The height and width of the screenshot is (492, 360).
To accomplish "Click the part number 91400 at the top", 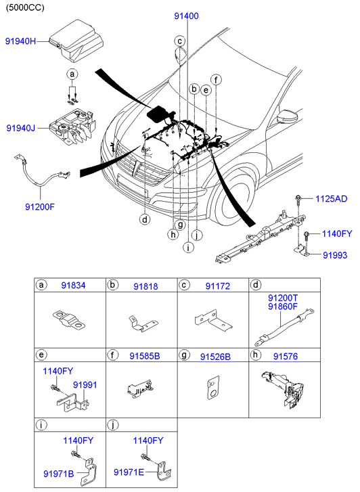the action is coord(187,16).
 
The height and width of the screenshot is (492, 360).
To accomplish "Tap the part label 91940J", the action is coord(21,128).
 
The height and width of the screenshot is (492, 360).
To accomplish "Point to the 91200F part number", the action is coord(40,207).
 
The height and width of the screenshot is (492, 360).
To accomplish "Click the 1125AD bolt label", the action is coord(331,198).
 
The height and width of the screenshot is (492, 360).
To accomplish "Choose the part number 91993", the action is coord(335,255).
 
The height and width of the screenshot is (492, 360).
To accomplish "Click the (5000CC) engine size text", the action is coord(25,7).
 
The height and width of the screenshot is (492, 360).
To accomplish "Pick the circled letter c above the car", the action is coord(180,41).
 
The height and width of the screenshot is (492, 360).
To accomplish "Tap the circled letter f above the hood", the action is coord(216,80).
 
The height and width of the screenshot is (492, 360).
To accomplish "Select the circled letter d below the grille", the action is coord(145,219).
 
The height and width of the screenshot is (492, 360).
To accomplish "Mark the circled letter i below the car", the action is coord(188,248).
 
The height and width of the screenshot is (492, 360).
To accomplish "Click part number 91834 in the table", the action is coord(73,286).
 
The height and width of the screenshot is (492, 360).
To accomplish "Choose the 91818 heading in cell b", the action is coord(145,286).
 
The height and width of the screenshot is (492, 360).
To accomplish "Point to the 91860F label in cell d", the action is coord(282,307).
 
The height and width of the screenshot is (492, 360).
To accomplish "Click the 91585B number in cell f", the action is coord(145,356).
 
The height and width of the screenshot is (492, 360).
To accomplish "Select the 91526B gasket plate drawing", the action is coord(213,388).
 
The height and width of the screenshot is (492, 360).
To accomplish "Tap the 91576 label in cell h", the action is coord(286,356).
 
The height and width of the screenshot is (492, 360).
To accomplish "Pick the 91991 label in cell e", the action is coord(85,385).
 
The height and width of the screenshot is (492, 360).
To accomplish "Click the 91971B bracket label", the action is coord(59,474).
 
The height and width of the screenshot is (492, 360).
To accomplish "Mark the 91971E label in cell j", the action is coord(129,472).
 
